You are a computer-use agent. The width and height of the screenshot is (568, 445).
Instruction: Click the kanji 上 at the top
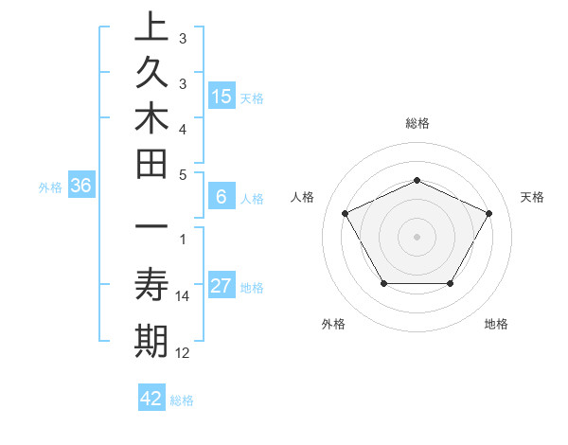[151, 27]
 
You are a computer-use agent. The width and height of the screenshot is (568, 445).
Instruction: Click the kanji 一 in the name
[151, 229]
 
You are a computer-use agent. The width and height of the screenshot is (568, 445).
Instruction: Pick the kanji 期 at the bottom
[151, 341]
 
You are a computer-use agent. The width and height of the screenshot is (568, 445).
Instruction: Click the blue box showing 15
[222, 96]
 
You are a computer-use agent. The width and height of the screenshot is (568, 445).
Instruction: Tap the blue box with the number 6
[222, 197]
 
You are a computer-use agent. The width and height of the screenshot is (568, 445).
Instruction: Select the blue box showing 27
[222, 286]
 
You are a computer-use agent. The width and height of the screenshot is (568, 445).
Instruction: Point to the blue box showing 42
[151, 398]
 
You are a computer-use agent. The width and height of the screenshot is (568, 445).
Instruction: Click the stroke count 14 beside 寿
[183, 296]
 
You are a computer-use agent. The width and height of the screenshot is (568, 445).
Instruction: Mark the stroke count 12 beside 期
[183, 353]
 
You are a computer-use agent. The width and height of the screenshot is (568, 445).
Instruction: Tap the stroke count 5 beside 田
[183, 174]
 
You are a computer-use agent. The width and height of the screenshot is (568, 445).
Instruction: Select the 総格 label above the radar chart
[417, 123]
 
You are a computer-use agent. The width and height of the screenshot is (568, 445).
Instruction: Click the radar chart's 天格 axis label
[533, 197]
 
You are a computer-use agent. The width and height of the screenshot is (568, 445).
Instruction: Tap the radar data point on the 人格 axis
[345, 213]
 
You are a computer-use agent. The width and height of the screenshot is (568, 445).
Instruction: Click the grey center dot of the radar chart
[417, 236]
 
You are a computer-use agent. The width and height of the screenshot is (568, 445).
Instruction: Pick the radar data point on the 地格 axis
[451, 283]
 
